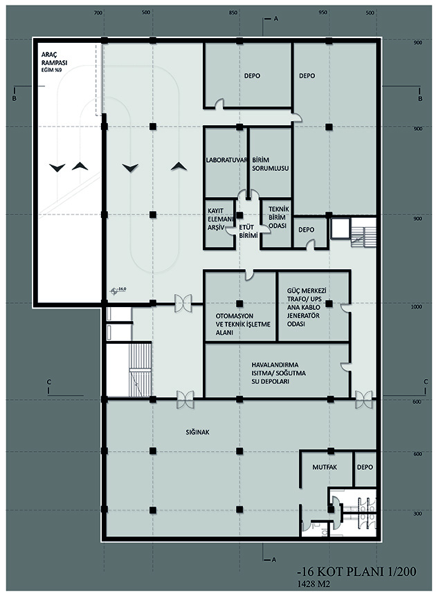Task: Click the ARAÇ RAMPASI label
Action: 54,62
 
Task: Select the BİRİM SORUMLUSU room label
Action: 271,164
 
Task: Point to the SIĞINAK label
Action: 198,432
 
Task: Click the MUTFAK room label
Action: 325,467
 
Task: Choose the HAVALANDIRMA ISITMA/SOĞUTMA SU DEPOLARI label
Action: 278,373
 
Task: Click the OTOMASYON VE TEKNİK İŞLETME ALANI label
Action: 243,324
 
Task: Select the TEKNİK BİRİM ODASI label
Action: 279,217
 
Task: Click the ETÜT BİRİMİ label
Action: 248,232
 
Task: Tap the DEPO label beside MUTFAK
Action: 365,467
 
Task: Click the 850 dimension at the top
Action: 233,13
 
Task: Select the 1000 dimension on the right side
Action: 417,307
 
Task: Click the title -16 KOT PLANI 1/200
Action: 356,571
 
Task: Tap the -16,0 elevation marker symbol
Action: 113,291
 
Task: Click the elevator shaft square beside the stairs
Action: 340,228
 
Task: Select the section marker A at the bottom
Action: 273,560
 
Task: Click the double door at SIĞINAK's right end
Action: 363,399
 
